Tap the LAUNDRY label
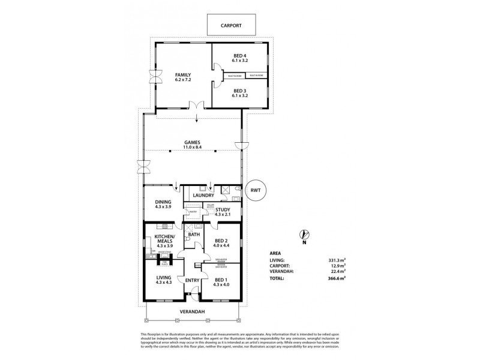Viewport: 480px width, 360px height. (204, 196)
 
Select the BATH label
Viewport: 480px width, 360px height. (194, 235)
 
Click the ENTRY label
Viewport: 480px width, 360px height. (192, 280)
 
